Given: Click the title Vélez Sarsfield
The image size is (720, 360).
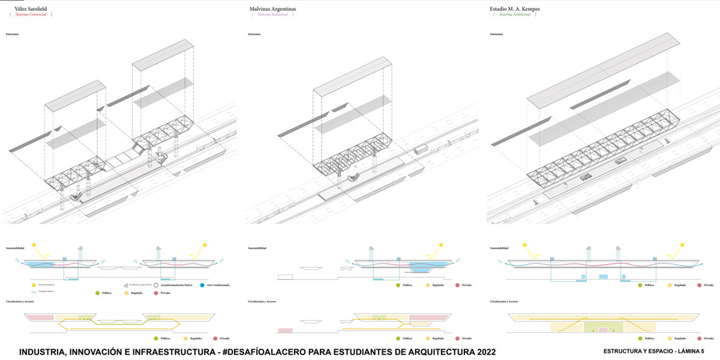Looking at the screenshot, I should point(30,10).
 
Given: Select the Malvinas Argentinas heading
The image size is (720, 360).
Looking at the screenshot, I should point(273,10).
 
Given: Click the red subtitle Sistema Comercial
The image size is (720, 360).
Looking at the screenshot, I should point(29,14).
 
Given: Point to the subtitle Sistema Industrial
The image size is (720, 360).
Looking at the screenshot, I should point(273,14).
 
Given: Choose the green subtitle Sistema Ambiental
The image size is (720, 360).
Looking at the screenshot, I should point(515,14).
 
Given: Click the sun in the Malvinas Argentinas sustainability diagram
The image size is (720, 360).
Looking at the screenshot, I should point(442,245).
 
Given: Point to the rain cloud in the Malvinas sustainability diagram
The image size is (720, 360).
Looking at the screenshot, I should point(372,248).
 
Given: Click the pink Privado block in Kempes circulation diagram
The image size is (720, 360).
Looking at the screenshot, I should point(604,330).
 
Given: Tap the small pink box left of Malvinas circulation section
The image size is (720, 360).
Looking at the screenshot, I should point(285,330).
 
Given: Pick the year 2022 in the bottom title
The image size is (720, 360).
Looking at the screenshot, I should point(481,351).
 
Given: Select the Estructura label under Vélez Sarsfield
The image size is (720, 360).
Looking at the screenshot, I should point(12,34).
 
